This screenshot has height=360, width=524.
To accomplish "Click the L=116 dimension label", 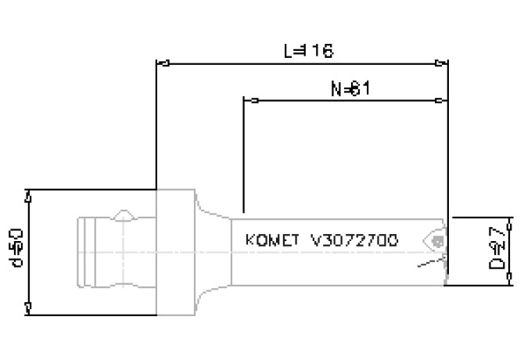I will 308,51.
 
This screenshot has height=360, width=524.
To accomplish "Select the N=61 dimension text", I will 349,88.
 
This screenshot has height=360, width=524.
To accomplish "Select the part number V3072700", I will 354,239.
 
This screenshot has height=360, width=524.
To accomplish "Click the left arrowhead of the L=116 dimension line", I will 162,63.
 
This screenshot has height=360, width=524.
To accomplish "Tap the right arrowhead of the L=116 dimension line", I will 443,63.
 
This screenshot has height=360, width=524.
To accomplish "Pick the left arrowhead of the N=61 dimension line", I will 249,101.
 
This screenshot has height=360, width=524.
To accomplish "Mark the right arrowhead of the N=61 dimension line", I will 443,101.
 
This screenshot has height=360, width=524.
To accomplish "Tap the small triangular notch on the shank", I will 124,214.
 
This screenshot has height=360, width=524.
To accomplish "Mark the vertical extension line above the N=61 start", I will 244,157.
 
